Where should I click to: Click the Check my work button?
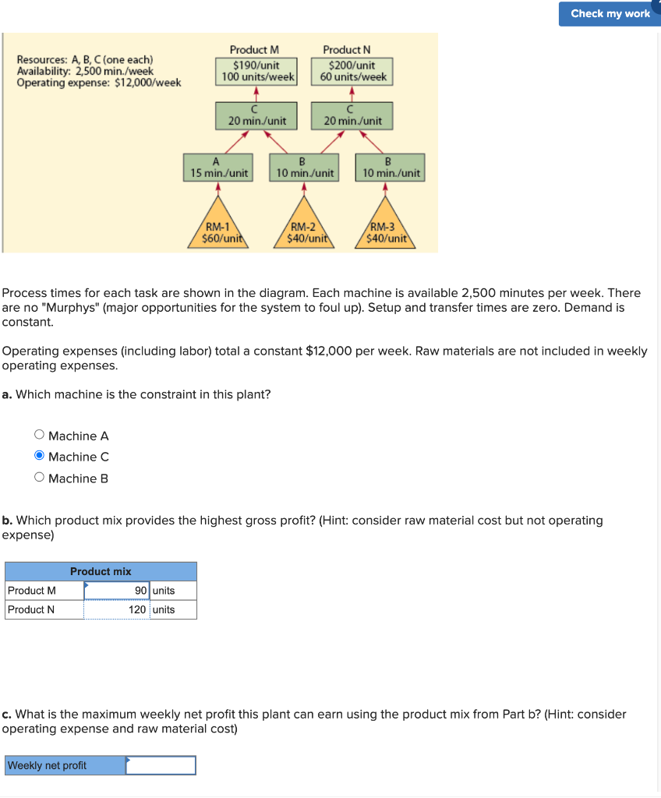610,13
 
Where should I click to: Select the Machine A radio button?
40,436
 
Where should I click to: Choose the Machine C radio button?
40,457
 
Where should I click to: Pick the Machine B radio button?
40,478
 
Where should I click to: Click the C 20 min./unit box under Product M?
256,116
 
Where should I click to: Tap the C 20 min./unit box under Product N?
352,116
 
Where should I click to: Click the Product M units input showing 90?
117,590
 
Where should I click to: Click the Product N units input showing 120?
117,609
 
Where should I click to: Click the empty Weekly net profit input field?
161,765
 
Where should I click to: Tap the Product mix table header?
101,571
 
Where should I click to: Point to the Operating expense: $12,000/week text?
99,83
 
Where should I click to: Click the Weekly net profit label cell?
65,765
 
